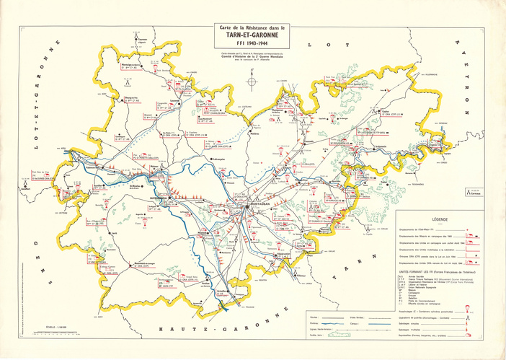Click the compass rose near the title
(251, 82)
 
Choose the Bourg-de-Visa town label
(132, 95)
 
